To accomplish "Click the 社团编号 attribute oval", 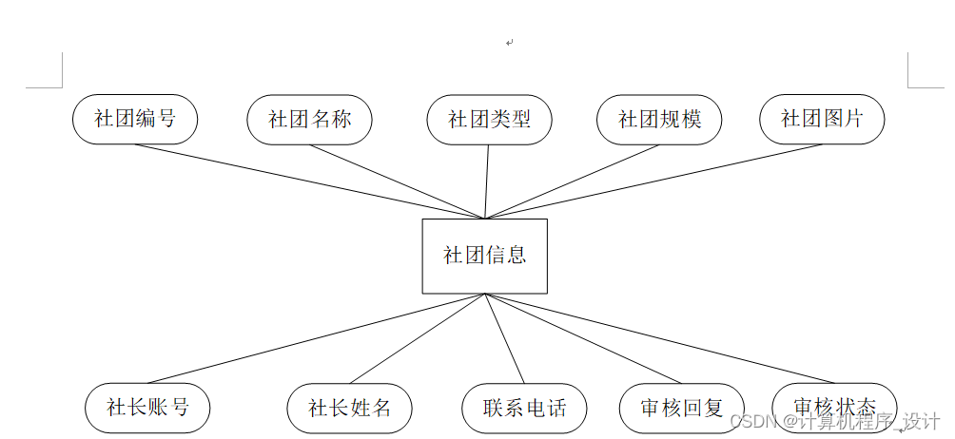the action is pyautogui.click(x=135, y=119).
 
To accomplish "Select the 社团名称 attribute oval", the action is pyautogui.click(x=309, y=120).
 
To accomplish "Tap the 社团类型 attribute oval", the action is pyautogui.click(x=489, y=120).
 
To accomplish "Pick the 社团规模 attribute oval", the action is pyautogui.click(x=659, y=120).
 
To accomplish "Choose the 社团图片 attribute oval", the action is pyautogui.click(x=822, y=119).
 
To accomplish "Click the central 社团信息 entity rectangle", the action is pyautogui.click(x=485, y=256).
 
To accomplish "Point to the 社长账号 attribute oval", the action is pyautogui.click(x=147, y=408).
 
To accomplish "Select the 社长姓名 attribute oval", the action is pyautogui.click(x=350, y=409).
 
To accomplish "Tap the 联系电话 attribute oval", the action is pyautogui.click(x=524, y=409).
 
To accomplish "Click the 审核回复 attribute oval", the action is pyautogui.click(x=682, y=409).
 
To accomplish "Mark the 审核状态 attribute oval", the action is pyautogui.click(x=834, y=408).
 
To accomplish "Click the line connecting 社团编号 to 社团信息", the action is pyautogui.click(x=310, y=181).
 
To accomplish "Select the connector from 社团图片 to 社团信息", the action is pyautogui.click(x=653, y=181).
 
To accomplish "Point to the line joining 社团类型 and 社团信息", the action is pyautogui.click(x=487, y=181).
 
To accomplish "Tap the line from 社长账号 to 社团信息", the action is pyautogui.click(x=316, y=338).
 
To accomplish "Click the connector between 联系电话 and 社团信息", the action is pyautogui.click(x=505, y=338).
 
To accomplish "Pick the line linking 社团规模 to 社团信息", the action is pyautogui.click(x=572, y=181).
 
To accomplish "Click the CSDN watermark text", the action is pyautogui.click(x=835, y=421).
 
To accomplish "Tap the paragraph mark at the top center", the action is pyautogui.click(x=510, y=42).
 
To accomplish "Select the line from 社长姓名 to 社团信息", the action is pyautogui.click(x=418, y=338).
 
